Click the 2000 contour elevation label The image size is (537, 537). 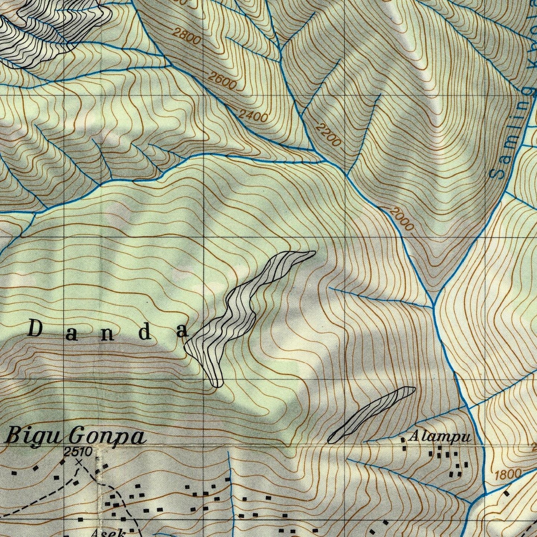tap(402, 219)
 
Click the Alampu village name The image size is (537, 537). tap(439, 437)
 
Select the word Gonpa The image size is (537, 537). tap(108, 436)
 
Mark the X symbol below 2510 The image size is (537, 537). tap(78, 462)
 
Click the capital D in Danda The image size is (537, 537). tap(35, 329)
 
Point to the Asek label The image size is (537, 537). tap(108, 533)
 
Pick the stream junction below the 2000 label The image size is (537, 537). tap(433, 305)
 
